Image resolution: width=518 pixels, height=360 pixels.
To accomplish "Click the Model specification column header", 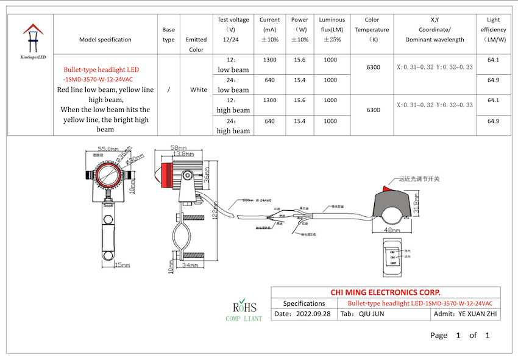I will (x=105, y=40).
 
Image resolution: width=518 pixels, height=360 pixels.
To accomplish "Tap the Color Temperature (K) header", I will (x=373, y=30).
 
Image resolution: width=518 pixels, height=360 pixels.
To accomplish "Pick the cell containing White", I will (x=198, y=90).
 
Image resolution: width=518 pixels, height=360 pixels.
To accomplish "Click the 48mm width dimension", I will (x=392, y=231).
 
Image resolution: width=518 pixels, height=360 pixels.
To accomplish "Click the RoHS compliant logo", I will (x=244, y=309).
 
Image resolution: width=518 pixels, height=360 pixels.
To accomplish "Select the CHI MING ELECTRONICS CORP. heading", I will (x=385, y=292).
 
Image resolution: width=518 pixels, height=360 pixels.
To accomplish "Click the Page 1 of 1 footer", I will (x=459, y=335).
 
